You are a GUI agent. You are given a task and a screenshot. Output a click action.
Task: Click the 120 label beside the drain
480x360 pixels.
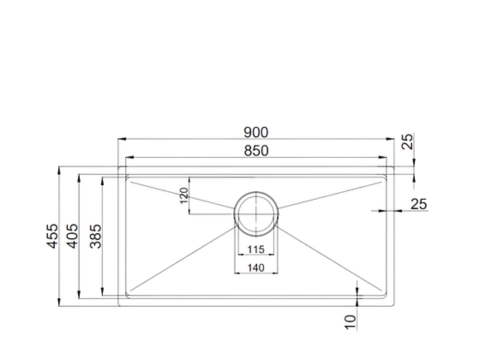point(183,196)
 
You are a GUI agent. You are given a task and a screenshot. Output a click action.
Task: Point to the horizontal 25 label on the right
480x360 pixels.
point(418,204)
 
